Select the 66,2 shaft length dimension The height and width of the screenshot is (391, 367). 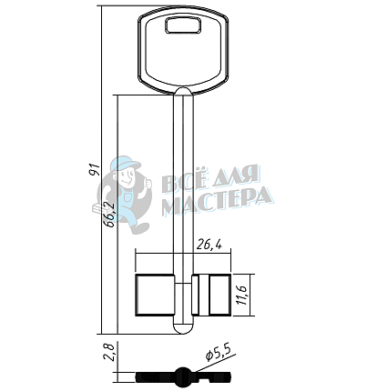(108, 215)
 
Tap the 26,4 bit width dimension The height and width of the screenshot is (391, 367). (209, 245)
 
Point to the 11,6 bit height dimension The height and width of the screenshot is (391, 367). (243, 296)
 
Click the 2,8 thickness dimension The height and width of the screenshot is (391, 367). (108, 352)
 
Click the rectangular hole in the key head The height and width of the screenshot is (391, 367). (184, 25)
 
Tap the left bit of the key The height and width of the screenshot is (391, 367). (155, 295)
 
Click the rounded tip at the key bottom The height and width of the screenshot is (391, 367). (183, 327)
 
